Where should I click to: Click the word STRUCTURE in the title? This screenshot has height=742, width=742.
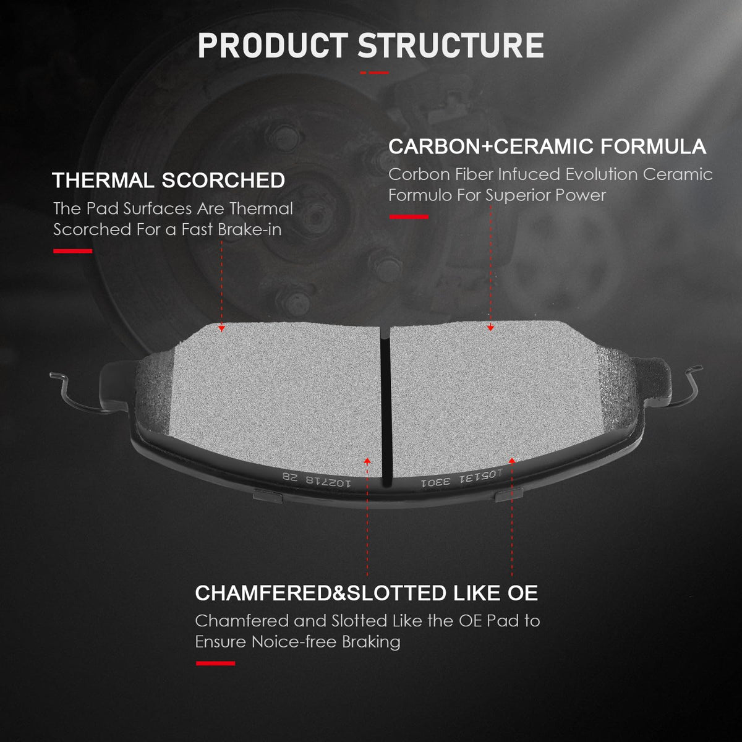click(x=451, y=45)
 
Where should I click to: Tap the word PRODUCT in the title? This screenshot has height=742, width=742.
click(x=273, y=45)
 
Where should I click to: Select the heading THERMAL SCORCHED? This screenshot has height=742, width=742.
click(x=169, y=180)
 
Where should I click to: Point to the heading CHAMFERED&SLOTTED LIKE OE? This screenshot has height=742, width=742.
click(x=366, y=593)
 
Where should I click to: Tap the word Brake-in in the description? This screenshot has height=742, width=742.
click(x=250, y=229)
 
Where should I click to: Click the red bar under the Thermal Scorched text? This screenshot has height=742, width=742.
click(x=73, y=251)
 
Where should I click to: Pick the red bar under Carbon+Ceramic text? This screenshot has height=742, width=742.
click(x=409, y=217)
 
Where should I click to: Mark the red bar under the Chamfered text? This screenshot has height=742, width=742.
click(x=216, y=663)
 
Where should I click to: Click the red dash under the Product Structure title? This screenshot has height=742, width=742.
click(x=374, y=72)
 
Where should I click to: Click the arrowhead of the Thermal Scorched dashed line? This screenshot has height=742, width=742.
click(x=221, y=328)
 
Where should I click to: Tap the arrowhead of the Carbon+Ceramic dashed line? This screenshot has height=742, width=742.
click(x=490, y=328)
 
